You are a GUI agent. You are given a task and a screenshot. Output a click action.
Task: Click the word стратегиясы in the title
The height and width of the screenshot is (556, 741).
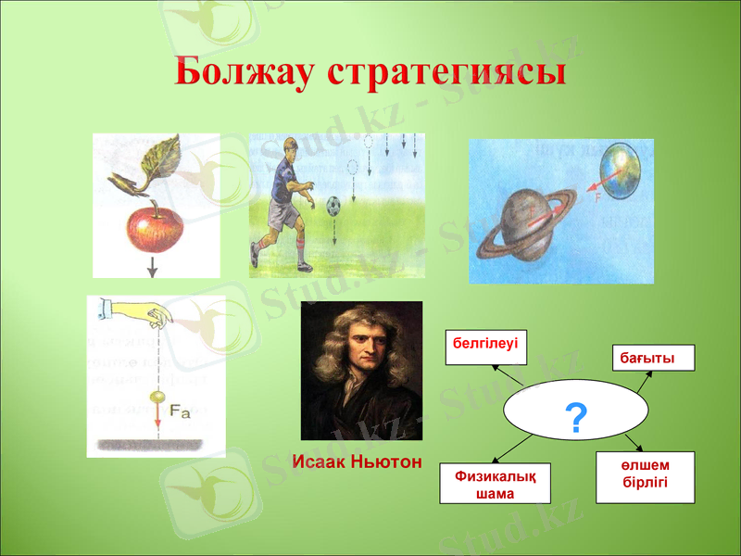pos(446,72)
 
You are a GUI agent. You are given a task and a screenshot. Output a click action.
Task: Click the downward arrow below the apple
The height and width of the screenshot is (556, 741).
pos(154,266)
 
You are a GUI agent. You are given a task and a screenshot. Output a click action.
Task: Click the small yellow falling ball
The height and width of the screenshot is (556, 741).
pos(157,398)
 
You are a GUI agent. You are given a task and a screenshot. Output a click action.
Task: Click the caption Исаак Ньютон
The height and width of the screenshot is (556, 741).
pos(357,461)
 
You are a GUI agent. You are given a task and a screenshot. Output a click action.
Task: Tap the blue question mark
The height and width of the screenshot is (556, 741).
pos(575,420)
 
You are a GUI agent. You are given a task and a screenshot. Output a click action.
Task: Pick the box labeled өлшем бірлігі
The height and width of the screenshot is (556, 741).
pos(645,477)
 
